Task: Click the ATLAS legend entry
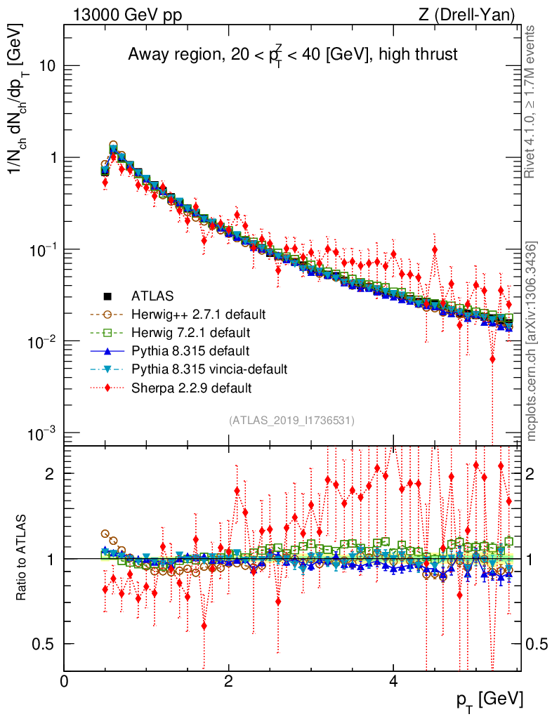(152, 296)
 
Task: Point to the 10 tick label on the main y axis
(48, 66)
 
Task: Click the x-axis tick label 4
(393, 682)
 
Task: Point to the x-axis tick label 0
(65, 682)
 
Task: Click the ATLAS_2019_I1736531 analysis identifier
(291, 421)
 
